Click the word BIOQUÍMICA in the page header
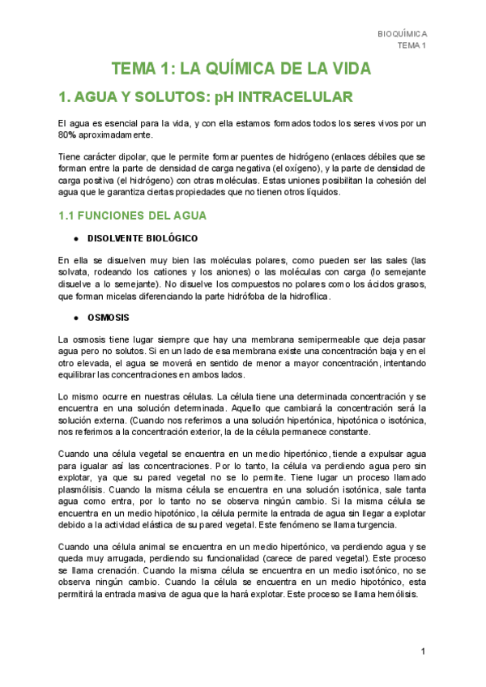pos(403,34)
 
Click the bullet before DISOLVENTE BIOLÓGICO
pos(75,239)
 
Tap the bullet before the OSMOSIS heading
pos(75,317)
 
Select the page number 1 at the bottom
pos(423,652)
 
